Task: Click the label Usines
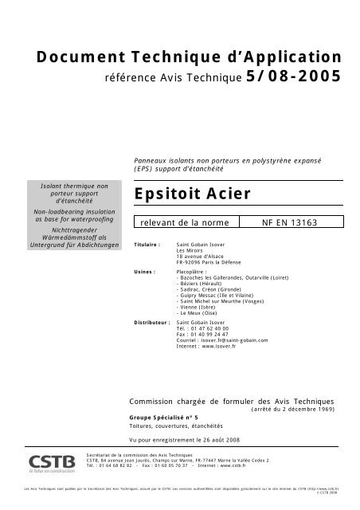pyautogui.click(x=145, y=271)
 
